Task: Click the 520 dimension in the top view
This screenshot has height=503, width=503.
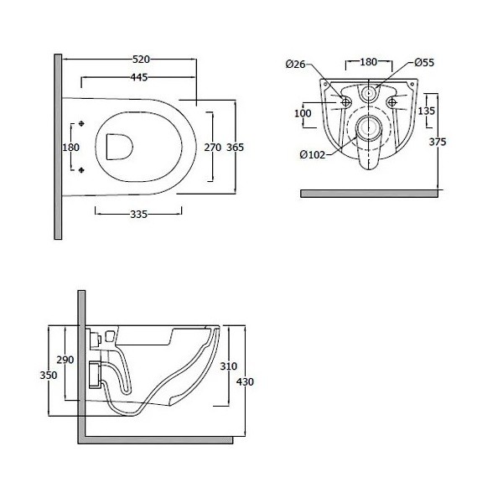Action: coord(140,60)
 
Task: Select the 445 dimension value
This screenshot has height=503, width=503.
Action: coord(140,78)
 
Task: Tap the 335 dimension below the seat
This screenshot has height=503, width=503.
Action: coord(139,215)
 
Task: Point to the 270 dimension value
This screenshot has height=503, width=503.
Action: coord(212,147)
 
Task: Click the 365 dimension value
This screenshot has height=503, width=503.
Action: coord(235,147)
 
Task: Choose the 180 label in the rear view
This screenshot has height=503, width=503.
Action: coord(369,61)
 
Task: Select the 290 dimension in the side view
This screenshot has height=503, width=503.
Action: coord(66,359)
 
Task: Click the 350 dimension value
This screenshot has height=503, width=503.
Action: coord(48,375)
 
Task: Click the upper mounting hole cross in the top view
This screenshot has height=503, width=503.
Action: coord(81,123)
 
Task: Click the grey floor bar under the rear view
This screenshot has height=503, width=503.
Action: coord(369,192)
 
